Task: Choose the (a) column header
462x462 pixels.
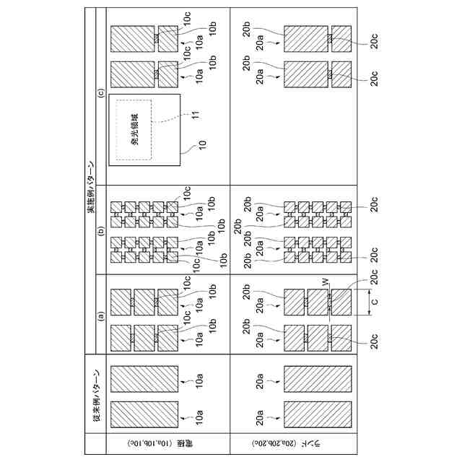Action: coord(100,314)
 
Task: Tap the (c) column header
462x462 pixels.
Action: coord(100,92)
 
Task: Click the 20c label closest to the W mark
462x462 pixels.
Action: coord(373,276)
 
